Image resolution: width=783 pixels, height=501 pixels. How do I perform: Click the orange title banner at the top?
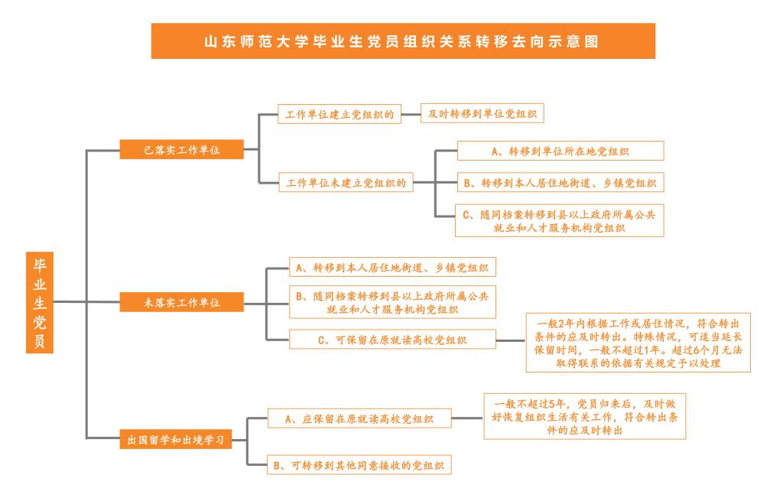[x=403, y=41]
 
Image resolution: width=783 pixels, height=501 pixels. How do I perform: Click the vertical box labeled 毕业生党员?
[x=40, y=302]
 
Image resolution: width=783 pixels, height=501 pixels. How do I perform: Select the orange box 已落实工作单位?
[x=182, y=149]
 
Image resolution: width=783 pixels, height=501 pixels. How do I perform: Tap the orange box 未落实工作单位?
[x=182, y=302]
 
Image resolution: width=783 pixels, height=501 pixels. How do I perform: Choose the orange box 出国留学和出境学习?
[x=176, y=440]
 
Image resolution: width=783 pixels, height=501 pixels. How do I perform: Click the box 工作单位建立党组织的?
[x=340, y=114]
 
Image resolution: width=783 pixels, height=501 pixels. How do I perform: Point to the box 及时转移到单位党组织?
[x=482, y=113]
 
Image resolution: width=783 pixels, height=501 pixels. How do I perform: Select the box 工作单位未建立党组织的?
[x=346, y=182]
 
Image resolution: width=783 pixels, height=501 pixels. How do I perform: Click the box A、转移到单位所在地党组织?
[x=560, y=151]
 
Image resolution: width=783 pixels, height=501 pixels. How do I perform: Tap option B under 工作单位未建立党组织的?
[x=560, y=182]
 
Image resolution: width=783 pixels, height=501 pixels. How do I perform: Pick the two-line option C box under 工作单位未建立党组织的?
[x=559, y=220]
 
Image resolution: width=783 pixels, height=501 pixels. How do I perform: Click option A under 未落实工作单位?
[x=392, y=267]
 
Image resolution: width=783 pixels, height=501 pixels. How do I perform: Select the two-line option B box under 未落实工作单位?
[x=392, y=302]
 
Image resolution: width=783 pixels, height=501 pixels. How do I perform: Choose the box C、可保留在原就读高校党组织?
[x=392, y=339]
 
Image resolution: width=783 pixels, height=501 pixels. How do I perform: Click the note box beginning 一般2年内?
[x=638, y=343]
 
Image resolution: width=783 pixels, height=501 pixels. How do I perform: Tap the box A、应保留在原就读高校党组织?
[x=359, y=418]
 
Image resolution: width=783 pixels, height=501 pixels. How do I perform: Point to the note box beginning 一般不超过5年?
[x=585, y=417]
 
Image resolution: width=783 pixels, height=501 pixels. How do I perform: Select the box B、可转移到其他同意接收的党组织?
[x=359, y=464]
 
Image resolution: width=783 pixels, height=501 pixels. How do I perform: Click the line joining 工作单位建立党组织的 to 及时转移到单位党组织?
[x=411, y=114]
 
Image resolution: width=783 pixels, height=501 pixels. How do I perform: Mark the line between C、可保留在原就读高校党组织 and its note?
[x=511, y=340]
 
